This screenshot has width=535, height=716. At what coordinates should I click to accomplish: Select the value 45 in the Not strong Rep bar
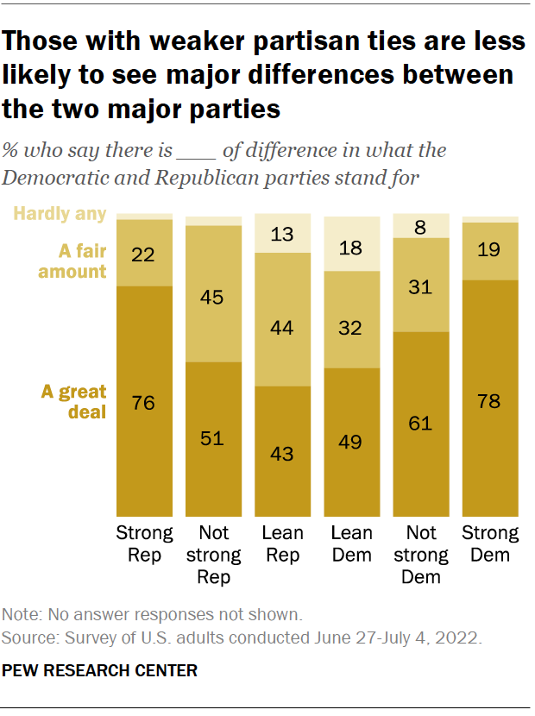[213, 298]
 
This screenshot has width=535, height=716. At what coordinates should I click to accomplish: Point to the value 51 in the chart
[213, 438]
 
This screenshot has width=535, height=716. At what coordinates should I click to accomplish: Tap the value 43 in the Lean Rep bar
[282, 452]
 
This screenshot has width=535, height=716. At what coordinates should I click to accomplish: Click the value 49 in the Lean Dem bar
[351, 443]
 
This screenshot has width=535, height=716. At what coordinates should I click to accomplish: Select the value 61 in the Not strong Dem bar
[421, 424]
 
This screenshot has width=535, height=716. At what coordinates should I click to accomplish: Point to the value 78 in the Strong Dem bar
[490, 400]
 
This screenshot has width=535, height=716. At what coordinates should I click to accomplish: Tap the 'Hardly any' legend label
[61, 213]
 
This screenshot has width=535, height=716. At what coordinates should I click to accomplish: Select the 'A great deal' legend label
[74, 402]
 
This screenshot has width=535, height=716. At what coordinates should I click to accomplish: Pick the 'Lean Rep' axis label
[282, 543]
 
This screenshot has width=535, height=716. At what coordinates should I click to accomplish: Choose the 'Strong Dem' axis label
[490, 543]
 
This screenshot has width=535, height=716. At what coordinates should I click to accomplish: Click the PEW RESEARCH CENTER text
[100, 670]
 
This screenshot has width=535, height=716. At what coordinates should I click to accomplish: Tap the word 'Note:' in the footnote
[22, 616]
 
